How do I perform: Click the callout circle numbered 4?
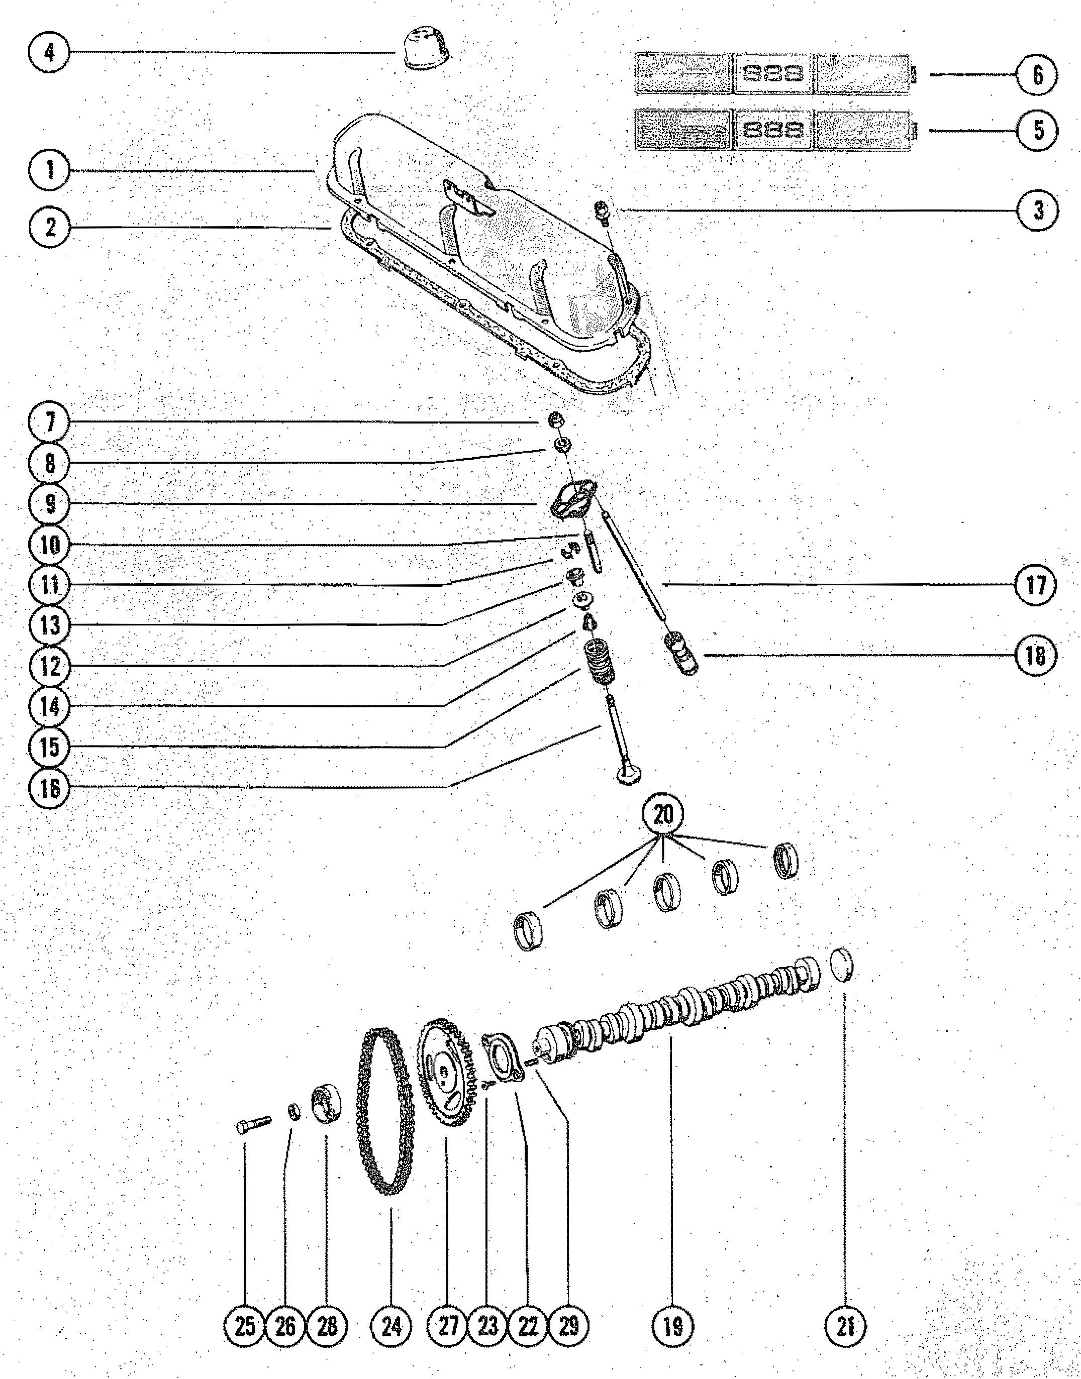click(x=49, y=52)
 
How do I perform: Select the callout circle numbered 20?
click(x=663, y=815)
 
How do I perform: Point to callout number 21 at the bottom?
click(x=846, y=1325)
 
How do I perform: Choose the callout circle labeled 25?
click(x=245, y=1325)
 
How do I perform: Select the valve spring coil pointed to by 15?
click(x=598, y=664)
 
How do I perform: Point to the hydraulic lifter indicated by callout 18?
click(x=680, y=653)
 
